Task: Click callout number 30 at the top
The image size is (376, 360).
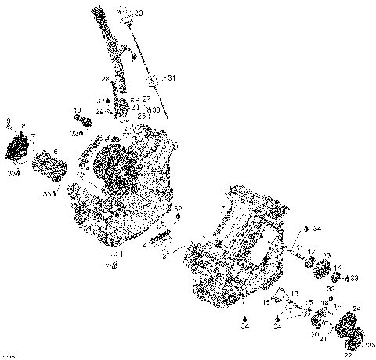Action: coord(139,13)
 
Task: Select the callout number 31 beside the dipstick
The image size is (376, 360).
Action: coord(172,78)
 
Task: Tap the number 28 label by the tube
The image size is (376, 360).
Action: coord(103,79)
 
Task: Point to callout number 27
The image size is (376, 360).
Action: coord(146,99)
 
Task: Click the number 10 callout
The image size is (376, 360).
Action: coord(77,110)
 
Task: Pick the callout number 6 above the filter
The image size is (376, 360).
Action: coord(55,151)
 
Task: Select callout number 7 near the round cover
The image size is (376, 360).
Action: coord(32,136)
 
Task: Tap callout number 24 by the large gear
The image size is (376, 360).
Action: coord(357,308)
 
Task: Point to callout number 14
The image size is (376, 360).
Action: coord(338,268)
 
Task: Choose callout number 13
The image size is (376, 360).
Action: coord(326,255)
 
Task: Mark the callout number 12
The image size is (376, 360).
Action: coord(311,251)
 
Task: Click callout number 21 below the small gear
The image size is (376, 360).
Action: coord(322,337)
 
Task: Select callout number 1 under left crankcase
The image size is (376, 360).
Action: coord(121,254)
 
